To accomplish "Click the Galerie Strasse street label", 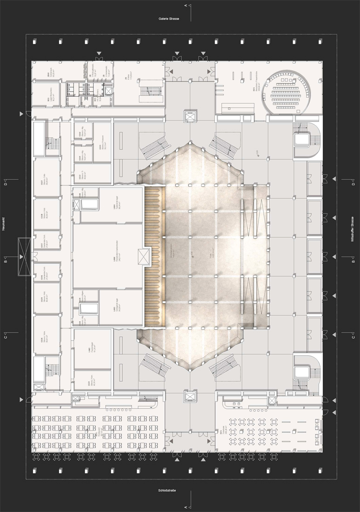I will (x=168, y=19).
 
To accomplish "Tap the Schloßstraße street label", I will (x=167, y=491).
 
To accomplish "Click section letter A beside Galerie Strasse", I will (x=186, y=6).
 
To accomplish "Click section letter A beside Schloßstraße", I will (x=186, y=506).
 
